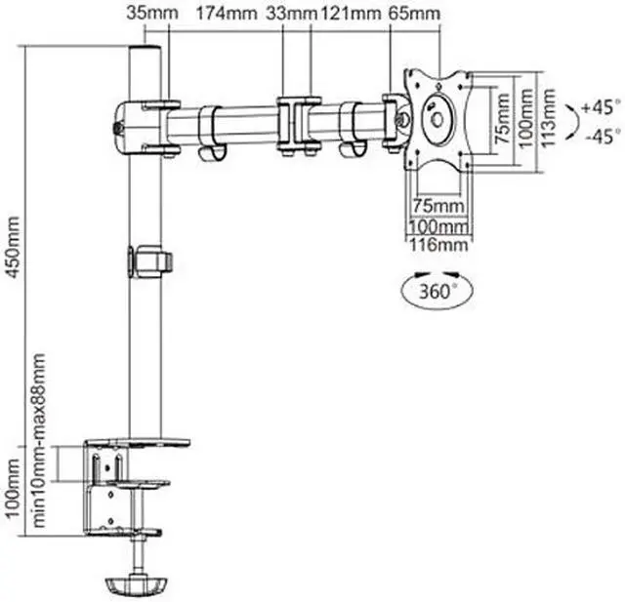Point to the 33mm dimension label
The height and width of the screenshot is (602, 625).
coord(297,15)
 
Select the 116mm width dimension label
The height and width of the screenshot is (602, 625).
coord(436,244)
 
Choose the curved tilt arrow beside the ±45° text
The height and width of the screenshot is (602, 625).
coord(568,120)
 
